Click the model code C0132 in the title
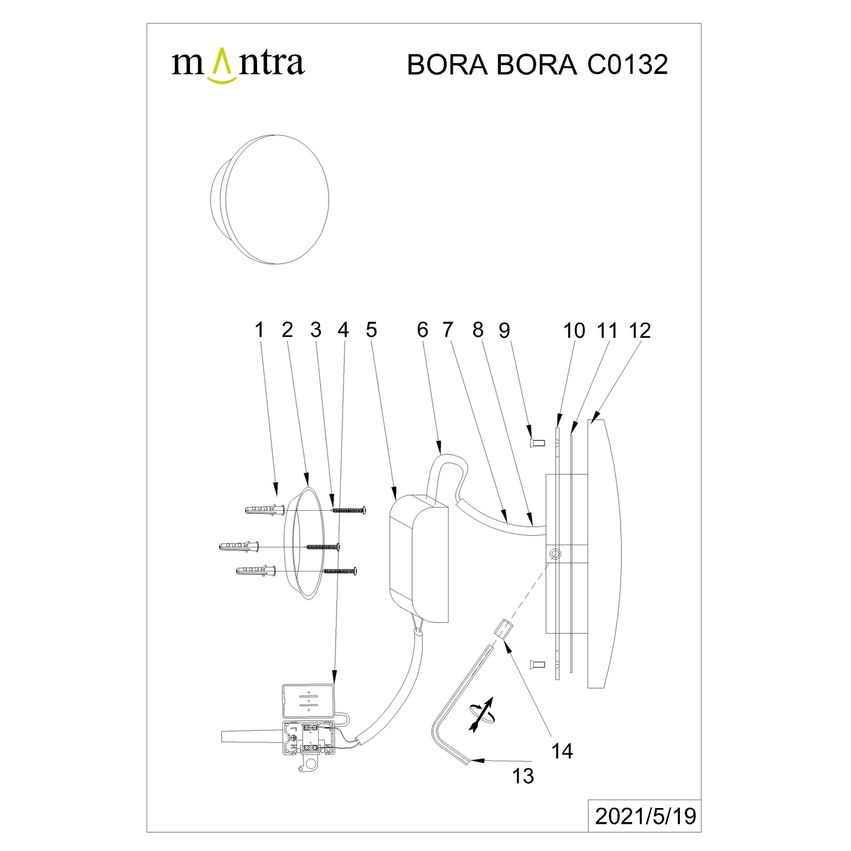(x=627, y=65)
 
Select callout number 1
(x=260, y=330)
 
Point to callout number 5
(x=371, y=330)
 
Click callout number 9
(x=504, y=330)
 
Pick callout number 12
(x=640, y=331)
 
